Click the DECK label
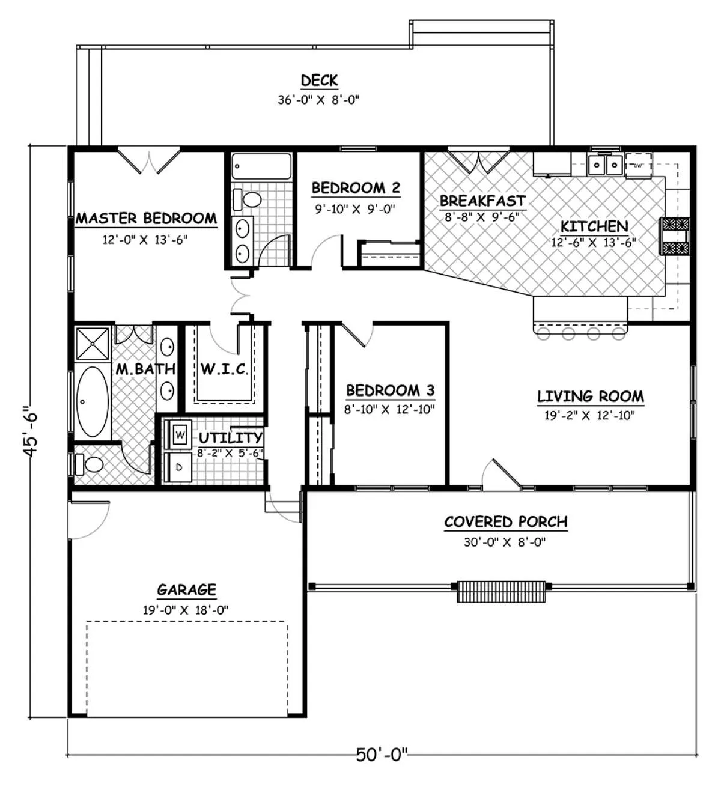tap(319, 81)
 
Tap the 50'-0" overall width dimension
tap(382, 754)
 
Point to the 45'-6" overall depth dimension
tap(30, 431)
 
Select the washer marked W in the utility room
tap(179, 434)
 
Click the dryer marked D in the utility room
tap(178, 467)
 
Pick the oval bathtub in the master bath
tap(93, 401)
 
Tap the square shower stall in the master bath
tap(93, 344)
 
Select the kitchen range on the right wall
tap(675, 236)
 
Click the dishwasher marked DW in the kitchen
tap(638, 165)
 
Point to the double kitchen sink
tap(605, 165)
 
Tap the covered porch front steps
tap(501, 591)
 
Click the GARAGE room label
tap(186, 590)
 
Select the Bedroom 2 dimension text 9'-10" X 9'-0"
tap(355, 209)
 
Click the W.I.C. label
tap(224, 369)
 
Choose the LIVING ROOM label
tap(590, 397)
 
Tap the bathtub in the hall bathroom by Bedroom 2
tap(261, 166)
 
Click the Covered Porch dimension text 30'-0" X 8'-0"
tap(505, 542)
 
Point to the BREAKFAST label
tap(482, 201)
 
